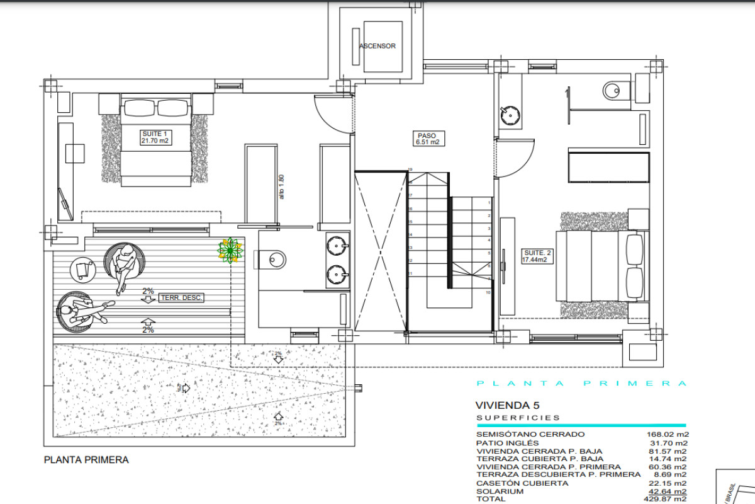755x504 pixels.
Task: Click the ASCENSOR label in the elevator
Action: [x=377, y=47]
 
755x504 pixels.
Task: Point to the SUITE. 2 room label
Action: [x=537, y=256]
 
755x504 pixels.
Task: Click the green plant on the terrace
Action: [x=230, y=250]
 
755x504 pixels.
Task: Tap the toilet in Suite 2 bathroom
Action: [x=613, y=91]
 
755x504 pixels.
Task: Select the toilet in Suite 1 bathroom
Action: [x=273, y=257]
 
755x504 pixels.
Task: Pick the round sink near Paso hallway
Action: [x=510, y=115]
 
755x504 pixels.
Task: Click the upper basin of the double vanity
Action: [x=338, y=243]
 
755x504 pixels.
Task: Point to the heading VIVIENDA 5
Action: [x=508, y=406]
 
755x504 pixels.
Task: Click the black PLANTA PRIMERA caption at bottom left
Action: [x=86, y=460]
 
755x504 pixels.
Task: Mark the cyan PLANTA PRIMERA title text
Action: [x=581, y=383]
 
